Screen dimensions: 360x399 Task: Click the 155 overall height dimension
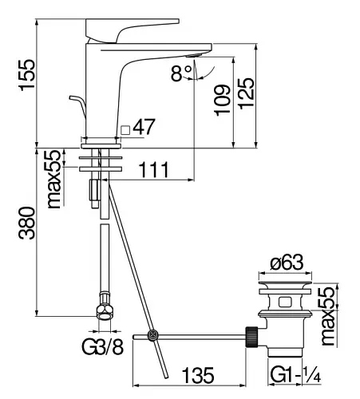point(27,75)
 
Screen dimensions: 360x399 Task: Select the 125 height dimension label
point(246,93)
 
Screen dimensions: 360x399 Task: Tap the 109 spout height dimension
point(222,101)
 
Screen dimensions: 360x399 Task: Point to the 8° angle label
point(181,73)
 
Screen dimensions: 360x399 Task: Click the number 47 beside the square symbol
point(144,127)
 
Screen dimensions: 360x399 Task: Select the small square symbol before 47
point(125,130)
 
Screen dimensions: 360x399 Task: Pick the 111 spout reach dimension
point(154,169)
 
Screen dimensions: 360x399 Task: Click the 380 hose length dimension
point(26,223)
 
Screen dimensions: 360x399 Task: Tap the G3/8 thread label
point(103,346)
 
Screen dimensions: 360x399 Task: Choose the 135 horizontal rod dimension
point(198,375)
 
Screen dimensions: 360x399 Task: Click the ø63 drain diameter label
point(287,263)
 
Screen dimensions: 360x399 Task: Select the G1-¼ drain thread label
point(295,374)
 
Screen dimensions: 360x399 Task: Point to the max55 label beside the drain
point(326,316)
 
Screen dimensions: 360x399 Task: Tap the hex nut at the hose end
point(105,312)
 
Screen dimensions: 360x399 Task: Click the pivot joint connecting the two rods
point(153,335)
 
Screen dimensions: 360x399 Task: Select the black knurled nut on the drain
point(251,336)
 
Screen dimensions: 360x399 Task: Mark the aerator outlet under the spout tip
point(193,55)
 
